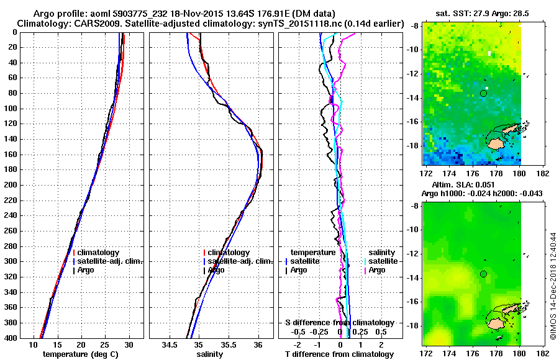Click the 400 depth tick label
29,338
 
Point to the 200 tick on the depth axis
29,185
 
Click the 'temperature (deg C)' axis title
81,354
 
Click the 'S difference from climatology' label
339,323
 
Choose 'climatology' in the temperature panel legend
99,253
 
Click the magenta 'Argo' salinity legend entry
376,270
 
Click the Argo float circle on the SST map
483,93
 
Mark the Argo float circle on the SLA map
483,274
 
